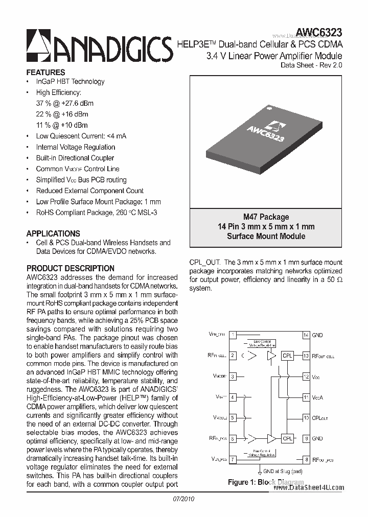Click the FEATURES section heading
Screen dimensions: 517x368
[45, 73]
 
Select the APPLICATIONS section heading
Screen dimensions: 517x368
[53, 233]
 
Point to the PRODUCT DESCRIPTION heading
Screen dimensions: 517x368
[71, 268]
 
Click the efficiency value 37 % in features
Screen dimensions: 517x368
[44, 103]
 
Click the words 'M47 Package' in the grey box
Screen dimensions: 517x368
[266, 217]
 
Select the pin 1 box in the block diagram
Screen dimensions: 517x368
[233, 335]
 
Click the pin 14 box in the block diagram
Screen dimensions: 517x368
[306, 335]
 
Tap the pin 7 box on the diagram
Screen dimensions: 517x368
[233, 459]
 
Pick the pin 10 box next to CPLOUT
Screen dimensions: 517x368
[306, 418]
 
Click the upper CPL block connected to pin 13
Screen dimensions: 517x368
[288, 356]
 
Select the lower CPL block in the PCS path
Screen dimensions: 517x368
[288, 438]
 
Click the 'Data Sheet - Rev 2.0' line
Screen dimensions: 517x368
[312, 65]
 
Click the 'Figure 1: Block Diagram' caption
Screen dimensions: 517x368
[266, 482]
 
